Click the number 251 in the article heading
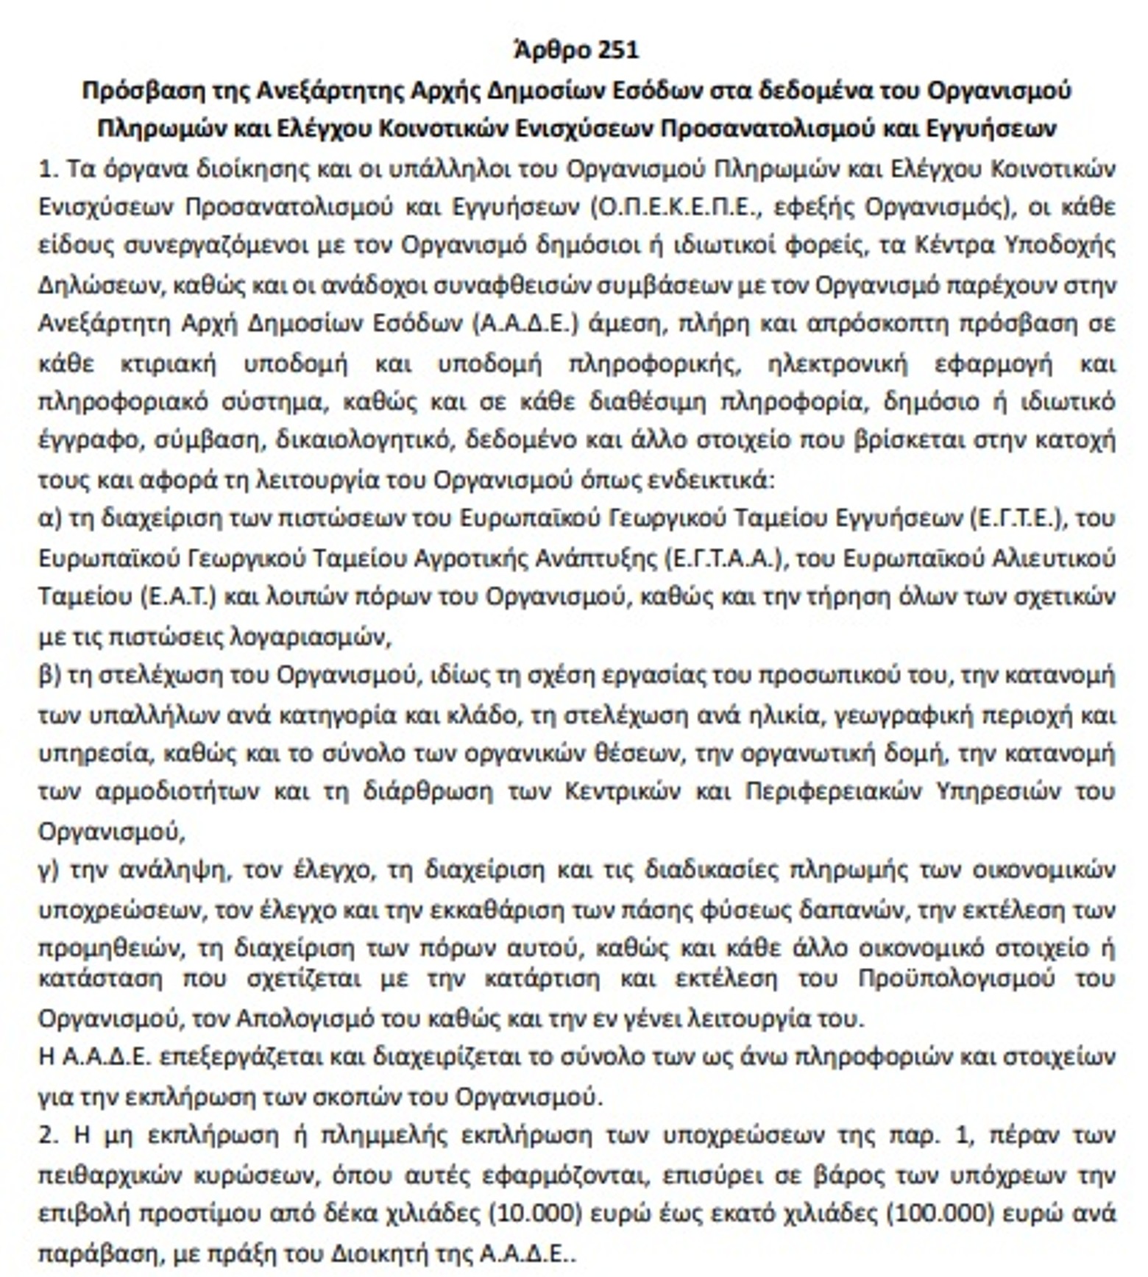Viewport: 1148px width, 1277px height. [x=618, y=50]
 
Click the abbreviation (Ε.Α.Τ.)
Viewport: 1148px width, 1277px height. [x=177, y=596]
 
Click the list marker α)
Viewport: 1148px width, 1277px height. [x=49, y=518]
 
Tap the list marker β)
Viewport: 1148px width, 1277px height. [x=49, y=676]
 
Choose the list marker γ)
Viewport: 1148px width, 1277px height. [x=49, y=870]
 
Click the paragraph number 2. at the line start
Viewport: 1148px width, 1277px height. [x=48, y=1135]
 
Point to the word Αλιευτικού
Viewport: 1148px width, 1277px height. [x=1052, y=558]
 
